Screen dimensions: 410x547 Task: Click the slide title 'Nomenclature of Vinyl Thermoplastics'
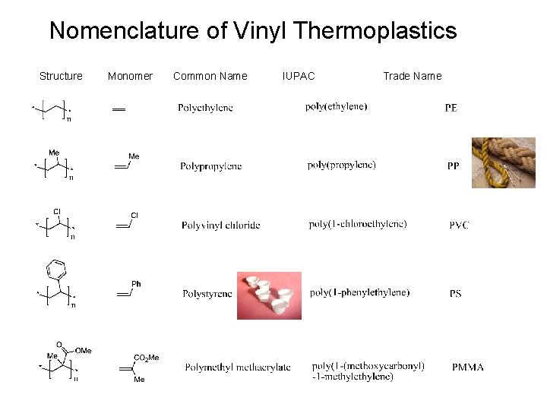point(253,31)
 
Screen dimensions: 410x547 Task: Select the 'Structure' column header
point(61,76)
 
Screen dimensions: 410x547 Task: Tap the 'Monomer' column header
point(130,76)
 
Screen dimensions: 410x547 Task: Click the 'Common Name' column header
point(210,76)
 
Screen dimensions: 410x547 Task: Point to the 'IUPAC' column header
point(298,76)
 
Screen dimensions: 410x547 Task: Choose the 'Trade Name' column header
point(412,76)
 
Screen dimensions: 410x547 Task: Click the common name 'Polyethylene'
point(205,109)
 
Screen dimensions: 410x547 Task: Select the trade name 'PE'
point(451,109)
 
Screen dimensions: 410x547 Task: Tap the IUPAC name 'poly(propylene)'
point(342,165)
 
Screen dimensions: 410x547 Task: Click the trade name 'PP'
point(453,166)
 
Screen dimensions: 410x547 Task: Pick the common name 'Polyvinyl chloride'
point(220,225)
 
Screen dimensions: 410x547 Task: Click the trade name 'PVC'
point(458,225)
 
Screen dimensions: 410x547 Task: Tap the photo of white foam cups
point(269,295)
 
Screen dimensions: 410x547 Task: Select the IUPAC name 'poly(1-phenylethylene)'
point(359,293)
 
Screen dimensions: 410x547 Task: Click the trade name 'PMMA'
point(467,367)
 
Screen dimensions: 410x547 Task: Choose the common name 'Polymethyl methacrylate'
point(237,367)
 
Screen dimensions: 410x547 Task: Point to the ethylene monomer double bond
point(119,110)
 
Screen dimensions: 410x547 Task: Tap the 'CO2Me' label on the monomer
point(146,358)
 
